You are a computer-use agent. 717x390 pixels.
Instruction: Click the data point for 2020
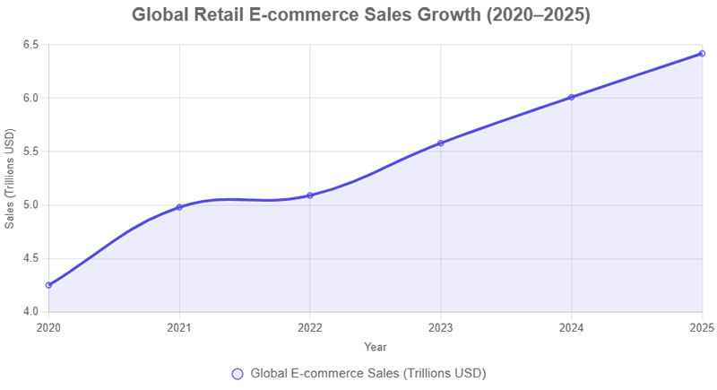[x=48, y=285]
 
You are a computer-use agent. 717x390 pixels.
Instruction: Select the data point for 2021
[x=179, y=207]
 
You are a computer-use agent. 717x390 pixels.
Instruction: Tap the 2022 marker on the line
[x=309, y=195]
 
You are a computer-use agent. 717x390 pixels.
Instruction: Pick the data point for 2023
[x=440, y=143]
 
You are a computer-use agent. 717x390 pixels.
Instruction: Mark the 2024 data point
[x=571, y=97]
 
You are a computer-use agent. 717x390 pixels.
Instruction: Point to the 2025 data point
[x=702, y=54]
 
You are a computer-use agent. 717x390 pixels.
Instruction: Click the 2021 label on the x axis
[x=179, y=328]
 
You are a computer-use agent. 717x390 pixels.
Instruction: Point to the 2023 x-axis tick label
[x=440, y=328]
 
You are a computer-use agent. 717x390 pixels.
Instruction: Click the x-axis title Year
[x=376, y=346]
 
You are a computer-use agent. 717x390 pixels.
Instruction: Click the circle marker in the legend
[x=238, y=373]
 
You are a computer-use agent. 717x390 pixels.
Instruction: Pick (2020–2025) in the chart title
[x=533, y=15]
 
